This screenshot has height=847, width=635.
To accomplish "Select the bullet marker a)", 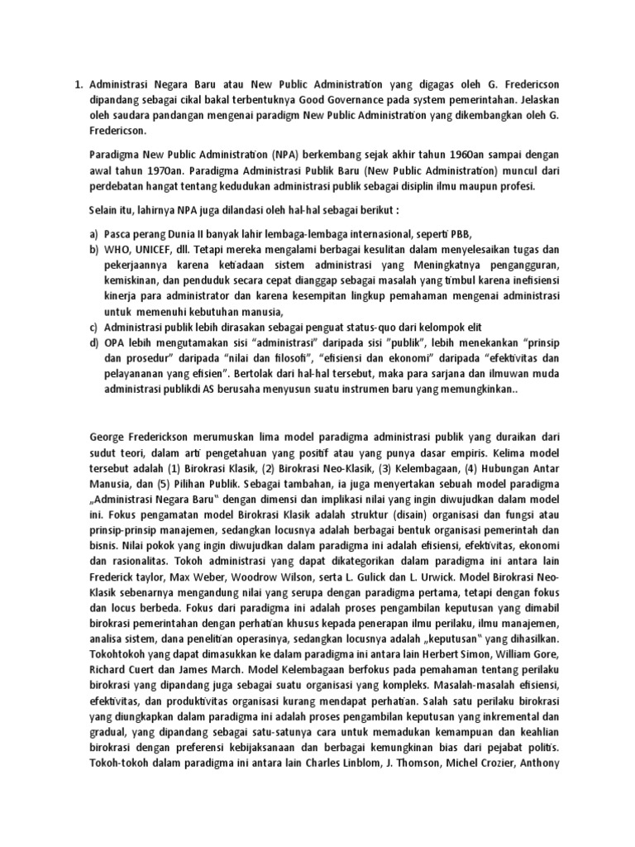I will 94,233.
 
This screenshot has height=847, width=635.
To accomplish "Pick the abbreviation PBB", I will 464,233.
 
